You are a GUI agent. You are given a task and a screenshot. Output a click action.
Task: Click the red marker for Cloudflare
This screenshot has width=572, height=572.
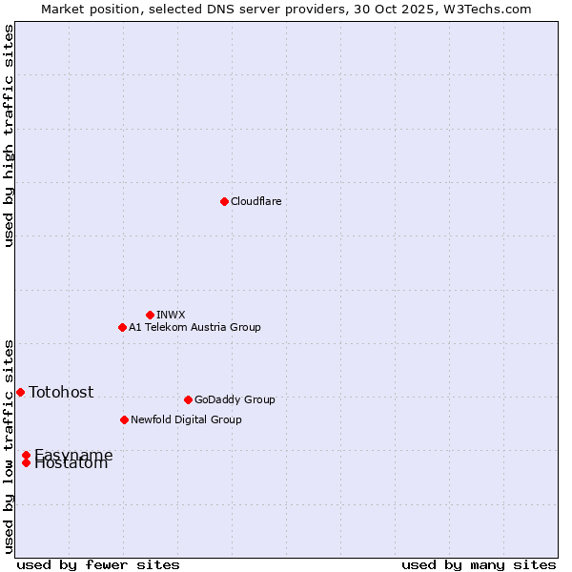point(224,201)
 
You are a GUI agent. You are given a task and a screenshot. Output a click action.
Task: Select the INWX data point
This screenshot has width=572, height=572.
point(150,315)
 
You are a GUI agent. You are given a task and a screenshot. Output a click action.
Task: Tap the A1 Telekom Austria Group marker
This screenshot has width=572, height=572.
point(122,327)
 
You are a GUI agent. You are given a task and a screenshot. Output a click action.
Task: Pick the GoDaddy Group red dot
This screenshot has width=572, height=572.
point(188,399)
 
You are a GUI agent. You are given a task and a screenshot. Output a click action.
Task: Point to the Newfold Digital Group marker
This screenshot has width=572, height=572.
point(124,419)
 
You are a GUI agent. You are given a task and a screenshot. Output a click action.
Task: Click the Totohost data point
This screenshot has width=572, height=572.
point(20,392)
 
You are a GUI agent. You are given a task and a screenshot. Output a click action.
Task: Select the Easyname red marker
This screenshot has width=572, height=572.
point(26,455)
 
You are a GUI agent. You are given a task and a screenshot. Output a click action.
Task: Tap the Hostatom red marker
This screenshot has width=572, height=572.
point(26,463)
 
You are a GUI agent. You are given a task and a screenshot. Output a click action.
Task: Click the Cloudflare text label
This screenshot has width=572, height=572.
point(255,201)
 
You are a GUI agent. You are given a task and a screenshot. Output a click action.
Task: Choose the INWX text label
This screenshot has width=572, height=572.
point(171,315)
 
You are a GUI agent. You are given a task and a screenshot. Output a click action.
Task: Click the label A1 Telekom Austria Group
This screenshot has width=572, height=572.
point(194,327)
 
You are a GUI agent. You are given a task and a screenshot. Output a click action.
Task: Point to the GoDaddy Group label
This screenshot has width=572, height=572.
point(235,399)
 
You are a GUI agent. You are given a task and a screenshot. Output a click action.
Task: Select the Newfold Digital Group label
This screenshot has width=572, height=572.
point(186,419)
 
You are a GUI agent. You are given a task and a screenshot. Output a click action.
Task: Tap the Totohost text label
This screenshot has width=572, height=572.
point(61,392)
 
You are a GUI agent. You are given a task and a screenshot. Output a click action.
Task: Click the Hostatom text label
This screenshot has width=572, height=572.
point(71,465)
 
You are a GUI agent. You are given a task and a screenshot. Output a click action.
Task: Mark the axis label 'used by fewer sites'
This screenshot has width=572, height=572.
point(98,564)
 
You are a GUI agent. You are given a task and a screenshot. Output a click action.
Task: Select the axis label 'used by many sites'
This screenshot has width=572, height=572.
point(479,564)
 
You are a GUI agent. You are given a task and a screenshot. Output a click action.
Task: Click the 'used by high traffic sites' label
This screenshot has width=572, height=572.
point(9,135)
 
